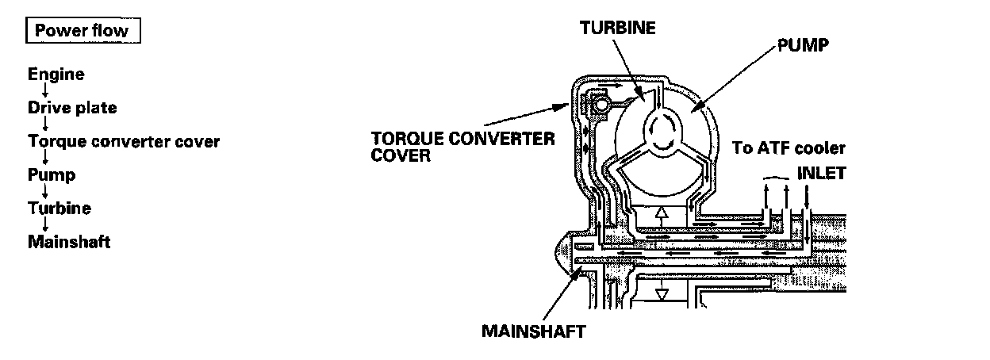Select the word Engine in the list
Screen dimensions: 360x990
[56, 75]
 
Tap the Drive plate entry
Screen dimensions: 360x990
[72, 108]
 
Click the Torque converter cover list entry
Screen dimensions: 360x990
[123, 142]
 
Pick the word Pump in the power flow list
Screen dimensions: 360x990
[52, 174]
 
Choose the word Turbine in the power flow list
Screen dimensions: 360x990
[59, 209]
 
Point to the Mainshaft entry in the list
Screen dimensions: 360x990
[69, 241]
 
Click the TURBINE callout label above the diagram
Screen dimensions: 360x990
[617, 28]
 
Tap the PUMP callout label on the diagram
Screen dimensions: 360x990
[803, 45]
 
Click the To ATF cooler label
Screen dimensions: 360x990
[789, 148]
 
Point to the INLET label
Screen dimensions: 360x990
[821, 171]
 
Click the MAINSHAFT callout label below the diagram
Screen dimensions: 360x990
[532, 331]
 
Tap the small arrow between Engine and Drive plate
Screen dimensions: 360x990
[46, 91]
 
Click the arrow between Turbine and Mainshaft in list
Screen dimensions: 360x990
[46, 225]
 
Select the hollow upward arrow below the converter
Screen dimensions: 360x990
[661, 215]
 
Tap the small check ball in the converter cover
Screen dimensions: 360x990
[601, 104]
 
